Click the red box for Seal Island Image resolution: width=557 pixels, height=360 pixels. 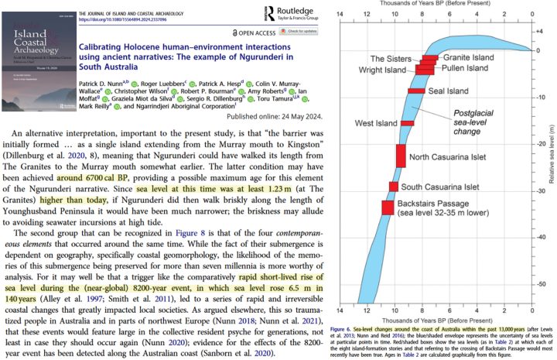[416, 91]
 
